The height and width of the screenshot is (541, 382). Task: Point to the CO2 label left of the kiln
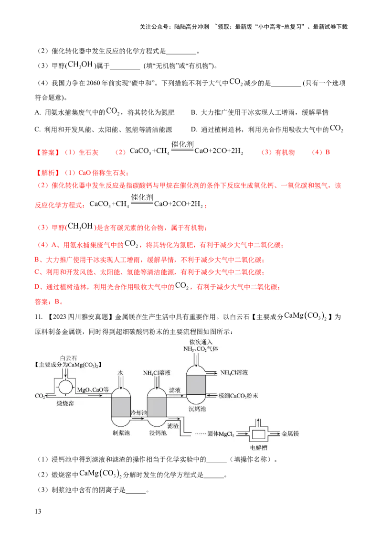point(40,396)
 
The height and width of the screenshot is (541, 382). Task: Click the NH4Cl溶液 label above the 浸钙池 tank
point(157,373)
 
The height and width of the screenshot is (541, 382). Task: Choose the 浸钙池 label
point(158,433)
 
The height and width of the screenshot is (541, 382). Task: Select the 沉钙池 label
point(197,410)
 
